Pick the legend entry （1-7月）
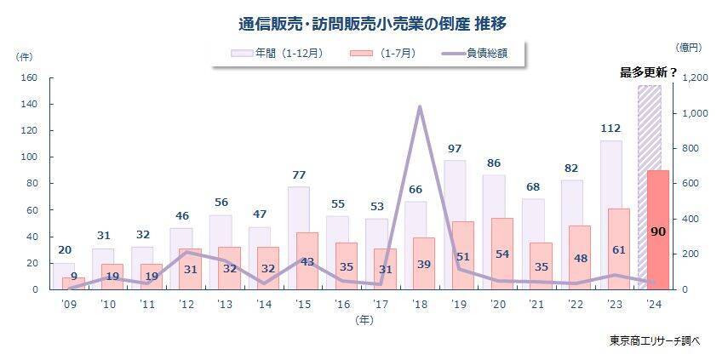pos(383,53)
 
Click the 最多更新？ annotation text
pos(648,72)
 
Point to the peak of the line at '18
pos(420,107)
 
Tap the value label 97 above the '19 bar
pos(455,149)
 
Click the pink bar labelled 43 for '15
pos(307,260)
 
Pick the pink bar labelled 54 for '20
pos(502,254)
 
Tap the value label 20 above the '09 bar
pos(65,250)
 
